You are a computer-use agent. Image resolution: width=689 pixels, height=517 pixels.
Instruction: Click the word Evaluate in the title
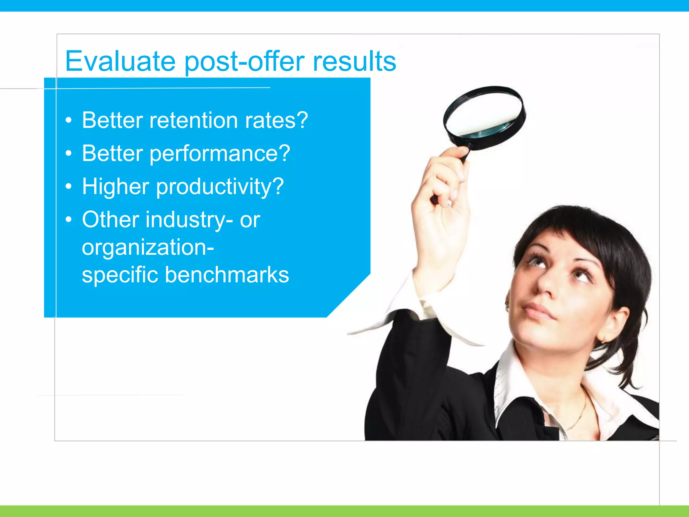pyautogui.click(x=120, y=61)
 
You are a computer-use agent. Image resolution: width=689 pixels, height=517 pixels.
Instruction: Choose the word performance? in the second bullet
pyautogui.click(x=220, y=154)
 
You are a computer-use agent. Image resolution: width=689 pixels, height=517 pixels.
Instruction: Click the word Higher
pyautogui.click(x=115, y=186)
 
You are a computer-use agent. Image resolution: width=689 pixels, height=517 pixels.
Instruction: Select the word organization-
pyautogui.click(x=148, y=247)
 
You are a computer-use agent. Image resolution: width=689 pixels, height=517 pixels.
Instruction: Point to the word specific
pyautogui.click(x=120, y=275)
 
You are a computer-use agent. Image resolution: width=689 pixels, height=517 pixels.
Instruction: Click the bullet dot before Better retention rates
pyautogui.click(x=69, y=120)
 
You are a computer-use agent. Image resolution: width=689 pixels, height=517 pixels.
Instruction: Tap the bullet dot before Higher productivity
pyautogui.click(x=69, y=186)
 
